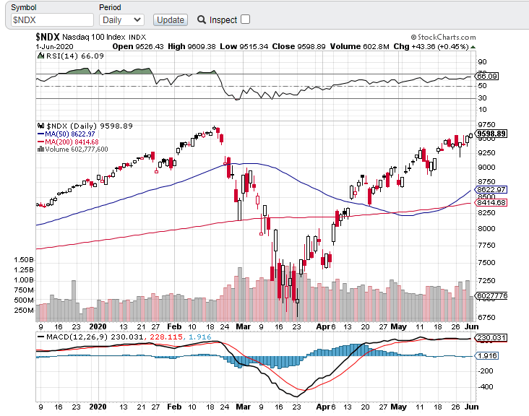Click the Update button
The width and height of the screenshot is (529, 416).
tap(171, 20)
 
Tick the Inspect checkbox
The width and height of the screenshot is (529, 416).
tap(245, 19)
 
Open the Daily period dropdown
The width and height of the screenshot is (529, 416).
tap(121, 20)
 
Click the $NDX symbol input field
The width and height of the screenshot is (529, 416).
tap(51, 20)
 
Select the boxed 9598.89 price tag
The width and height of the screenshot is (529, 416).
tap(491, 134)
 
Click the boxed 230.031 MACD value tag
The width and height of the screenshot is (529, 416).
tap(491, 337)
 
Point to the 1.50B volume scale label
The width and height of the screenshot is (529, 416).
tap(24, 259)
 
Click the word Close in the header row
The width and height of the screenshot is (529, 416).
tap(283, 46)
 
